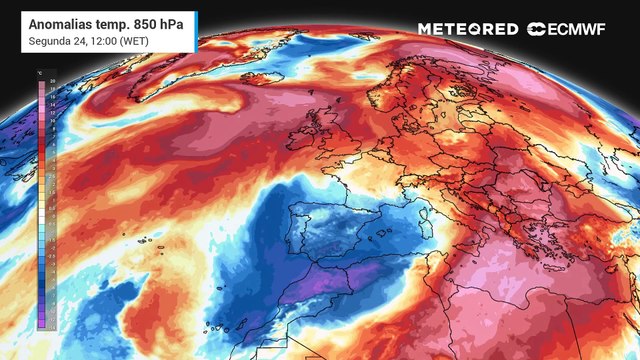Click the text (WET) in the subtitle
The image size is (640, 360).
(127, 40)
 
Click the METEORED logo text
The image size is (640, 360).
(468, 29)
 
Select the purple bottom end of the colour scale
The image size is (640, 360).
(42, 323)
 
